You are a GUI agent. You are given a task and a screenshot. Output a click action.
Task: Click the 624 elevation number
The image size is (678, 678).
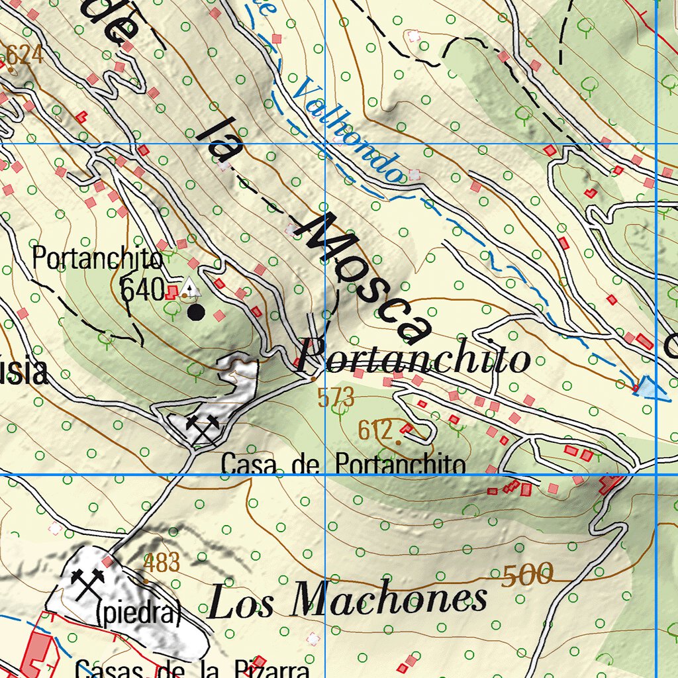[x=24, y=56]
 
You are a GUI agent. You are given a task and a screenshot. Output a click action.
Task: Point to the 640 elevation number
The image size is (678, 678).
[x=142, y=289]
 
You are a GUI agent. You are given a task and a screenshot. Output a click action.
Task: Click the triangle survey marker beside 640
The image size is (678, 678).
[x=189, y=288]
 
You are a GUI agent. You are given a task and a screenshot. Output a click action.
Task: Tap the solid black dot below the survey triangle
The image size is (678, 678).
[x=195, y=312]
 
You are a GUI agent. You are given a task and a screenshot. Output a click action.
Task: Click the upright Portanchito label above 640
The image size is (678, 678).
[x=97, y=258]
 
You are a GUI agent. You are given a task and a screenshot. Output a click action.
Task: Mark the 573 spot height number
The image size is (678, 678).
[x=336, y=398]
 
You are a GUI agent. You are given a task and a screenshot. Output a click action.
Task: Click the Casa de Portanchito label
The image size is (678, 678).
[x=343, y=463]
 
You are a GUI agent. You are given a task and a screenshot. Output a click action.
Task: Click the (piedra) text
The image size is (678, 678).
[x=138, y=614]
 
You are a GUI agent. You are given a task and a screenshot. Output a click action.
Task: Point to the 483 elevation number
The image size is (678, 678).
[x=162, y=563]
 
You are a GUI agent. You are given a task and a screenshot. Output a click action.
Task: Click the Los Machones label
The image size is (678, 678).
[x=348, y=599]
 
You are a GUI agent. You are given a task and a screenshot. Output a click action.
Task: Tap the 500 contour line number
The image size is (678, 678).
[x=527, y=574]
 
